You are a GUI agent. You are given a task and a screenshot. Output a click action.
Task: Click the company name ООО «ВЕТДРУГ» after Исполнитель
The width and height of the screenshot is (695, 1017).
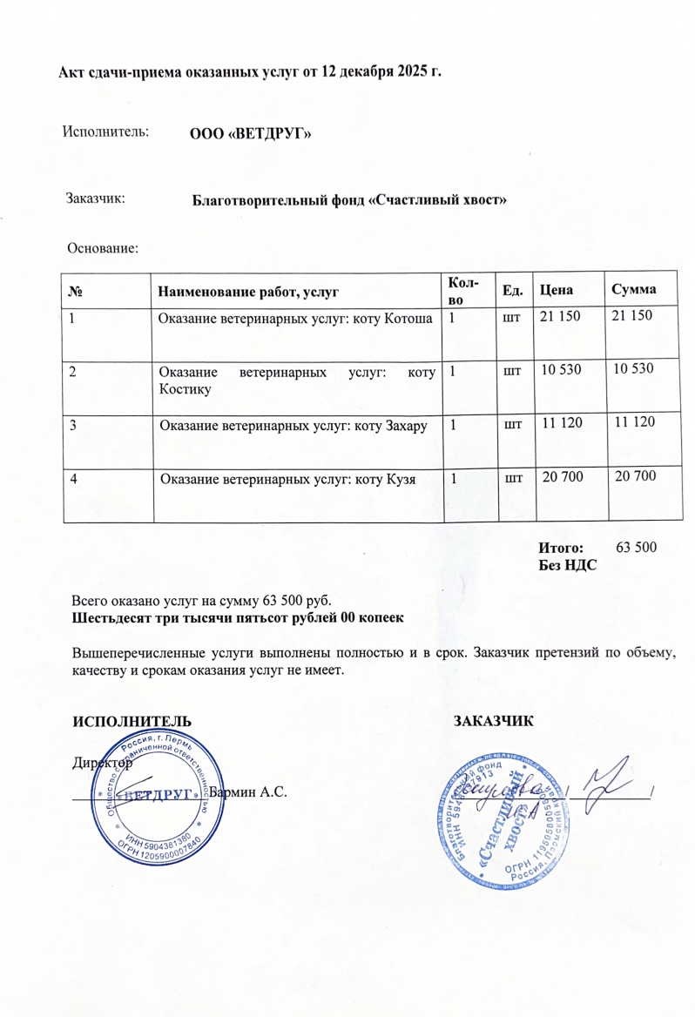coord(251,134)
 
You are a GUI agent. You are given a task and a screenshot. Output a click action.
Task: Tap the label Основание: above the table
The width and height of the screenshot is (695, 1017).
coord(103,248)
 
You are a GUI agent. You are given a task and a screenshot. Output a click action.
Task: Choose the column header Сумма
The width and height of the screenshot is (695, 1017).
coord(633,289)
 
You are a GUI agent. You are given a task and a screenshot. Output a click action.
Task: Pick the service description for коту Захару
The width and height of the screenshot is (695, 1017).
coord(294,425)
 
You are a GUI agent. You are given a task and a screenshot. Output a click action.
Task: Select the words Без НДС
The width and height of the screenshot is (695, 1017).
coord(569,564)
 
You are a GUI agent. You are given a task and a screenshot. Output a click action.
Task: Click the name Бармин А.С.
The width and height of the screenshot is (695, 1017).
coord(249,792)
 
